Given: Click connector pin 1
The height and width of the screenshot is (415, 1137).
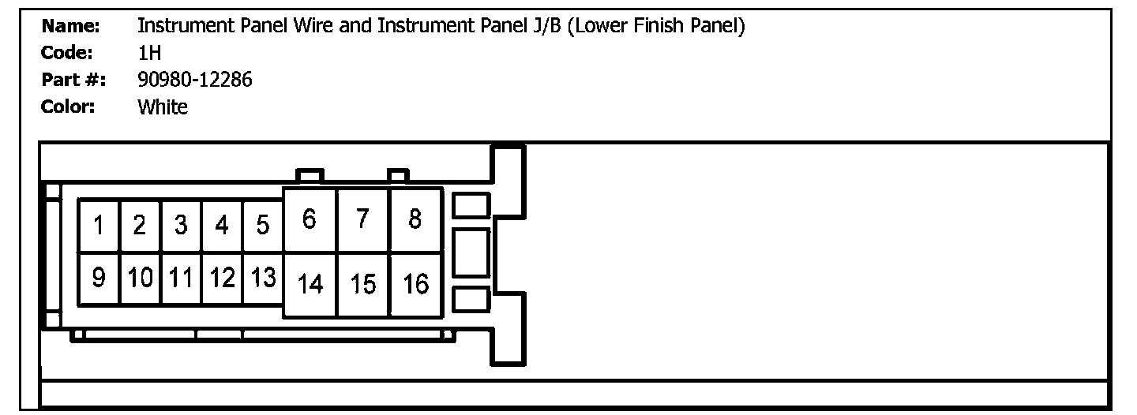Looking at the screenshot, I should coord(99,226).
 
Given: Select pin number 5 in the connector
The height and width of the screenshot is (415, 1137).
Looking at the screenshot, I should coord(263,226).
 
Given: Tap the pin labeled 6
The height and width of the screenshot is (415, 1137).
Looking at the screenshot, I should coord(310,219).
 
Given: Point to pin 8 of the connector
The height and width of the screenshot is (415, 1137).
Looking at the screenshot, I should coord(415,219).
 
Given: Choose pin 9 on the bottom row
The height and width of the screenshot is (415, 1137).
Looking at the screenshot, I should coord(99,279).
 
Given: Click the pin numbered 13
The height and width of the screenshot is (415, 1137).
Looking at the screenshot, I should coord(263,279).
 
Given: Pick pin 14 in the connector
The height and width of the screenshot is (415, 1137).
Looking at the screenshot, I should coord(310,284).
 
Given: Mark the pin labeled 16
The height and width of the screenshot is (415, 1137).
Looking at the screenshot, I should coord(415,284).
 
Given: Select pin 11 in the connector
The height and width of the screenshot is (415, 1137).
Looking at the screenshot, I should coord(181,279).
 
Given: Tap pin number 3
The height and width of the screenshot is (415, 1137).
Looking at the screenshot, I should coord(181,226).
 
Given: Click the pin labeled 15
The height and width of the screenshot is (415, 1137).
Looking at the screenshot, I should coord(363,284).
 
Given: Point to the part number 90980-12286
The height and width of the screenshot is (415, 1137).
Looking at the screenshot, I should coord(195,80).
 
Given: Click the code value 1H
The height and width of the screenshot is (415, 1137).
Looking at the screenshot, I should coord(149,53).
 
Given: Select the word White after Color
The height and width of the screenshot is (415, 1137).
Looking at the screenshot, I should coord(163,107).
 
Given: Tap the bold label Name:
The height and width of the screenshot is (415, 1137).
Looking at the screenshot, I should coord(70,26).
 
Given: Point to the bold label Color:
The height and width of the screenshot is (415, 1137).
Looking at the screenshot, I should coord(68,107).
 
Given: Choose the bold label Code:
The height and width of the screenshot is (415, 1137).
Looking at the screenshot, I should coord(67,53).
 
